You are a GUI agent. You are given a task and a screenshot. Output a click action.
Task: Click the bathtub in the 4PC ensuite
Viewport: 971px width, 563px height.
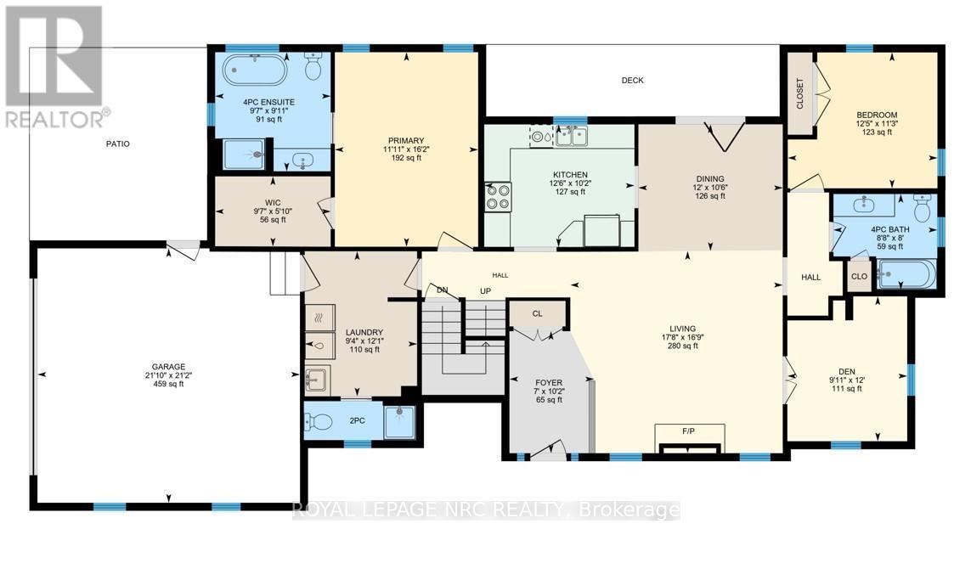pyautogui.click(x=255, y=70)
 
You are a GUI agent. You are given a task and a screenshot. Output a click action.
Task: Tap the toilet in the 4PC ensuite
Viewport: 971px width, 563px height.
pyautogui.click(x=312, y=65)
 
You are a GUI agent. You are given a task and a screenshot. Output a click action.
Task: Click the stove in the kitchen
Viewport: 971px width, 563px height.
pyautogui.click(x=497, y=197)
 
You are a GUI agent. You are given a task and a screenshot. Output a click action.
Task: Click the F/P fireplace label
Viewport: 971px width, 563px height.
pyautogui.click(x=688, y=431)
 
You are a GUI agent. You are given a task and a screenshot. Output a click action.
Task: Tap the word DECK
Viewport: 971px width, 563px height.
pyautogui.click(x=632, y=81)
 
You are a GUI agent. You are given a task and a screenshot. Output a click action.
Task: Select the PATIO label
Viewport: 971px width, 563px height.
pyautogui.click(x=118, y=144)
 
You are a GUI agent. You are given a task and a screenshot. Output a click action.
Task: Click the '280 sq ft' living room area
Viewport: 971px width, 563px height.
pyautogui.click(x=682, y=346)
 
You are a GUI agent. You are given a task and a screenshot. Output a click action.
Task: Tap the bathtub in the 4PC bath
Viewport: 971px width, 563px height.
pyautogui.click(x=906, y=274)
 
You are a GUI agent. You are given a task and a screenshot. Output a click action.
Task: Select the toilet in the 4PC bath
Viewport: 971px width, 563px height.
pyautogui.click(x=921, y=206)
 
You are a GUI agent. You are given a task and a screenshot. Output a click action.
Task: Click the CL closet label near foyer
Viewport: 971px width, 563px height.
pyautogui.click(x=537, y=313)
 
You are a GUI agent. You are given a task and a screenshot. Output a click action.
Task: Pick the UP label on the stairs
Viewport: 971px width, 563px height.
pyautogui.click(x=487, y=290)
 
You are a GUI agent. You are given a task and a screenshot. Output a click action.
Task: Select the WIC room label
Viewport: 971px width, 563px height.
pyautogui.click(x=271, y=201)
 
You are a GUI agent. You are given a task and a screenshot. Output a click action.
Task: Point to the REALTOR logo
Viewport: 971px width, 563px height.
pyautogui.click(x=53, y=67)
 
